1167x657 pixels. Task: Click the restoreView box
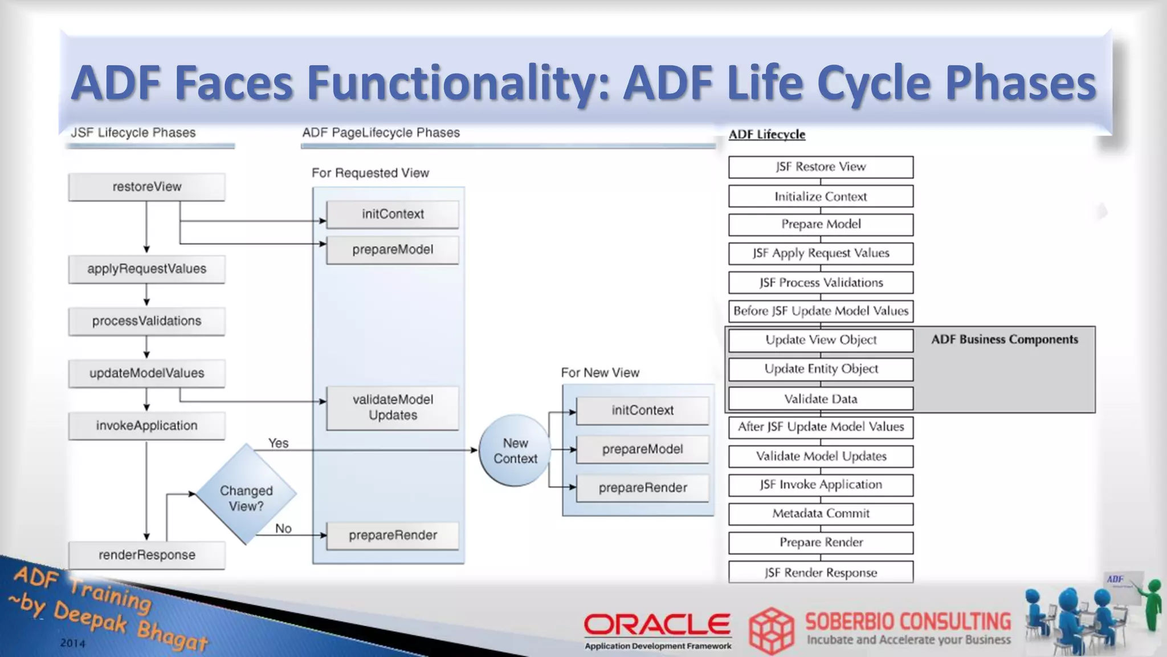146,187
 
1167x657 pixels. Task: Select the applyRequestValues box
146,269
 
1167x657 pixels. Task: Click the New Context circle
515,451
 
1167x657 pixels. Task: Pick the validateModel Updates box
393,408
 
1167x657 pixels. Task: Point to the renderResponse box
146,555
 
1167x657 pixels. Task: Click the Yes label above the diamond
278,443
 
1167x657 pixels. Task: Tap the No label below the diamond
283,529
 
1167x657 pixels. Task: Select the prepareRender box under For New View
642,488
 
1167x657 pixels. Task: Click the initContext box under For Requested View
393,214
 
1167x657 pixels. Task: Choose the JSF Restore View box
821,167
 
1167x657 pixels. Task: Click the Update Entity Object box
821,369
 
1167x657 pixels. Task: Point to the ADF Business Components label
1005,339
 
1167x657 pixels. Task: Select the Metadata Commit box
821,513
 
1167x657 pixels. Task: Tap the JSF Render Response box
821,573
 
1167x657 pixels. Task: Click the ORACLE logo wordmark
657,625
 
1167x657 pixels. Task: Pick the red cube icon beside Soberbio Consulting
771,630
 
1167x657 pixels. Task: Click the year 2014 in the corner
73,643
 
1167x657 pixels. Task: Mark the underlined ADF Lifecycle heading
767,135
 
